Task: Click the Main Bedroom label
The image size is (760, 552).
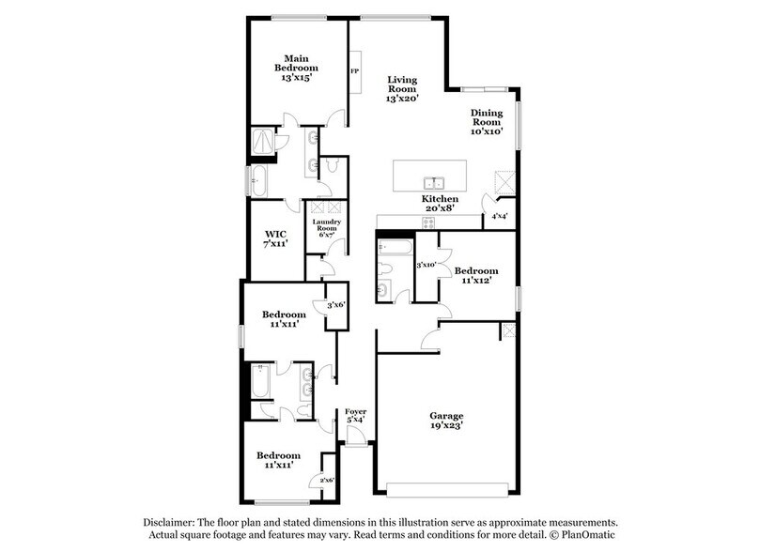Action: [296, 69]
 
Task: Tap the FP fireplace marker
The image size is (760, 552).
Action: [355, 71]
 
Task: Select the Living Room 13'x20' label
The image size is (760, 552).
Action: [401, 89]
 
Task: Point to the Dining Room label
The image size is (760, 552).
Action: [487, 121]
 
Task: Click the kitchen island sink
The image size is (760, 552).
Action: [434, 182]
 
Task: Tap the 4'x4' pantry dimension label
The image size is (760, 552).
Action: [500, 217]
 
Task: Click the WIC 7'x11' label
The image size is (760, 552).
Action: [274, 238]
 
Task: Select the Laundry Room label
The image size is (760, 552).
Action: [326, 228]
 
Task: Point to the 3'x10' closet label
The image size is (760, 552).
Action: [427, 266]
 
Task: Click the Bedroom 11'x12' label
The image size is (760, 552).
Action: [476, 276]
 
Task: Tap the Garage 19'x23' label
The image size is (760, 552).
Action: [447, 421]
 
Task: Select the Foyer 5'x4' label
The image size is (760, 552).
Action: [355, 416]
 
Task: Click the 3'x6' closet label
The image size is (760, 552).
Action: [335, 305]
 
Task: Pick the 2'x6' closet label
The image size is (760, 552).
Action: [327, 480]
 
